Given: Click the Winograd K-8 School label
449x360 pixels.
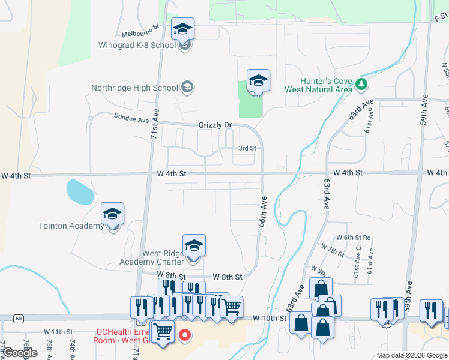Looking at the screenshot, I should tap(137, 45).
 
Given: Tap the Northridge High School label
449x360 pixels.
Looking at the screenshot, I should tap(134, 88).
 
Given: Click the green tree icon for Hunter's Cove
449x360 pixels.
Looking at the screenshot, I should tap(361, 84).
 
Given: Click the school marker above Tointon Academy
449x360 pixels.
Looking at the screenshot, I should tap(112, 214).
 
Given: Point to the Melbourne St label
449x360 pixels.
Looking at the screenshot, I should tap(139, 34).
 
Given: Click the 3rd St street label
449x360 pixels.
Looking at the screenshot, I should tap(247, 148).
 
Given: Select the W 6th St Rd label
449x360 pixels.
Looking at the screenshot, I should tap(354, 238).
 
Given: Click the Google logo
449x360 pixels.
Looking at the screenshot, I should tap(19, 353).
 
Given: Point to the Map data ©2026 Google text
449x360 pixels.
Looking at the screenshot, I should tap(411, 355).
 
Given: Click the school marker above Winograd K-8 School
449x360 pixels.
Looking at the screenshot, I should tap(183, 29).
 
